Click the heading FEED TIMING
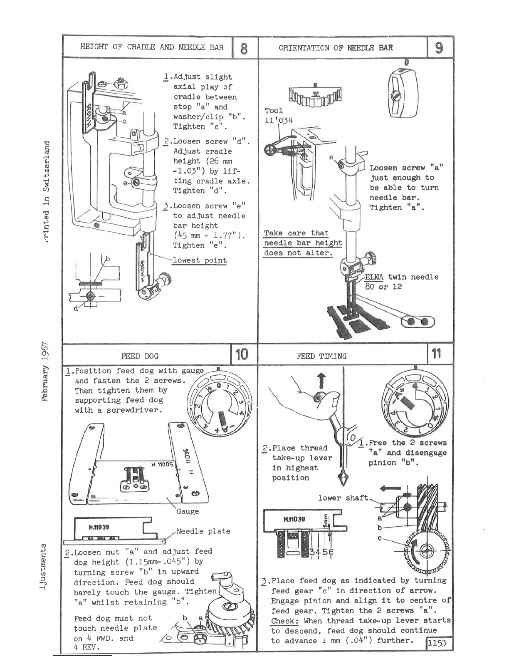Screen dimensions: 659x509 point(321,356)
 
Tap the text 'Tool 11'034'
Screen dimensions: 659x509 point(278,116)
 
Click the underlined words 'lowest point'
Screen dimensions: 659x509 point(200,261)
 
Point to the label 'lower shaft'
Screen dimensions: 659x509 point(343,498)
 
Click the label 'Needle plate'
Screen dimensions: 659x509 point(203,531)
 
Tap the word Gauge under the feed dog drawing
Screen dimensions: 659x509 point(187,512)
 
